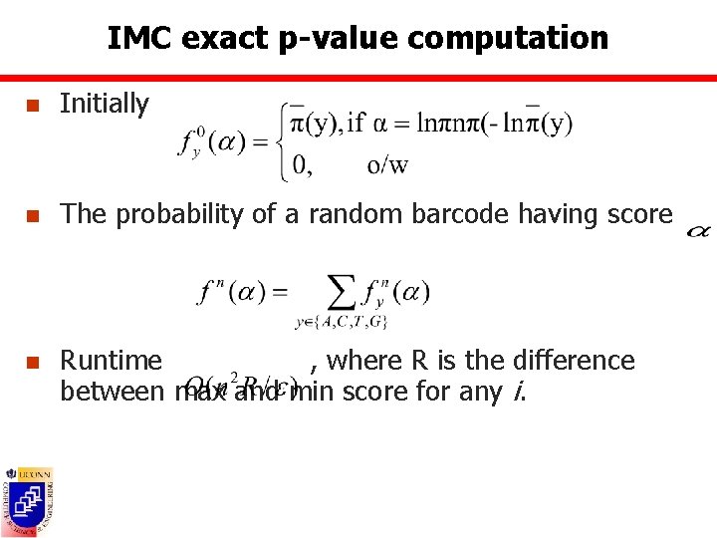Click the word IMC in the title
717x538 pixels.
134,39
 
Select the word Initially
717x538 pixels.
104,104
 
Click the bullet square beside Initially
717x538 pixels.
33,105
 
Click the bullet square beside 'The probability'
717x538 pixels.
33,215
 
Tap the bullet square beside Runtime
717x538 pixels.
33,361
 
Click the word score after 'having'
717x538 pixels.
637,214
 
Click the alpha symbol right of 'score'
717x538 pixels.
699,231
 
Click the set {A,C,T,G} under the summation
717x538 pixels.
341,322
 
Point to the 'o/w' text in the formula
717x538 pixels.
387,165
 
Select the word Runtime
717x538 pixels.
111,360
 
